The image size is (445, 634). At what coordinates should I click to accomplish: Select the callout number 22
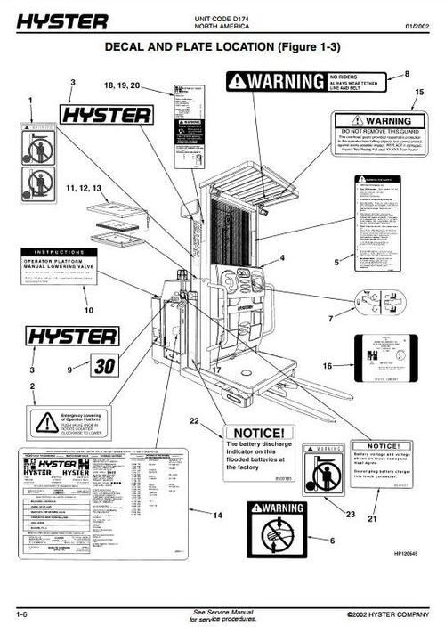pos(193,420)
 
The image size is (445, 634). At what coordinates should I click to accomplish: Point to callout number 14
pos(216,516)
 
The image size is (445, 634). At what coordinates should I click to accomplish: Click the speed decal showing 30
pos(104,366)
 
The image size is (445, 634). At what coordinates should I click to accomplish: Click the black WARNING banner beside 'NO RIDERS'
pos(275,82)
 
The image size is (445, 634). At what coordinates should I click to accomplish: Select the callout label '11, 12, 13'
pos(84,190)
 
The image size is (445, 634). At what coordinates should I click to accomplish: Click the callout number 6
pos(333,540)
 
